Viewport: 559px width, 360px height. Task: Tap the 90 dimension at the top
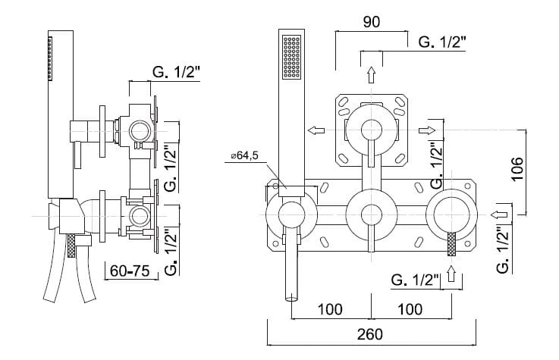click(371, 22)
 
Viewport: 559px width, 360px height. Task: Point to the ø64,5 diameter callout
click(243, 157)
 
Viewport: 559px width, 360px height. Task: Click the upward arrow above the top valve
click(371, 75)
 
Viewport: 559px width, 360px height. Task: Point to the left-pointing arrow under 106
click(500, 214)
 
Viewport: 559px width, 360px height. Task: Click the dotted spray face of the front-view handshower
click(291, 57)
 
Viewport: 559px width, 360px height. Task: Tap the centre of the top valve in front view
click(371, 129)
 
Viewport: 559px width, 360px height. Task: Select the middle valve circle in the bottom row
click(371, 214)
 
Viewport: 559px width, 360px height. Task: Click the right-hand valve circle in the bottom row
click(452, 214)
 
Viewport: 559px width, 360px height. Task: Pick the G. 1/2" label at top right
click(444, 42)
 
